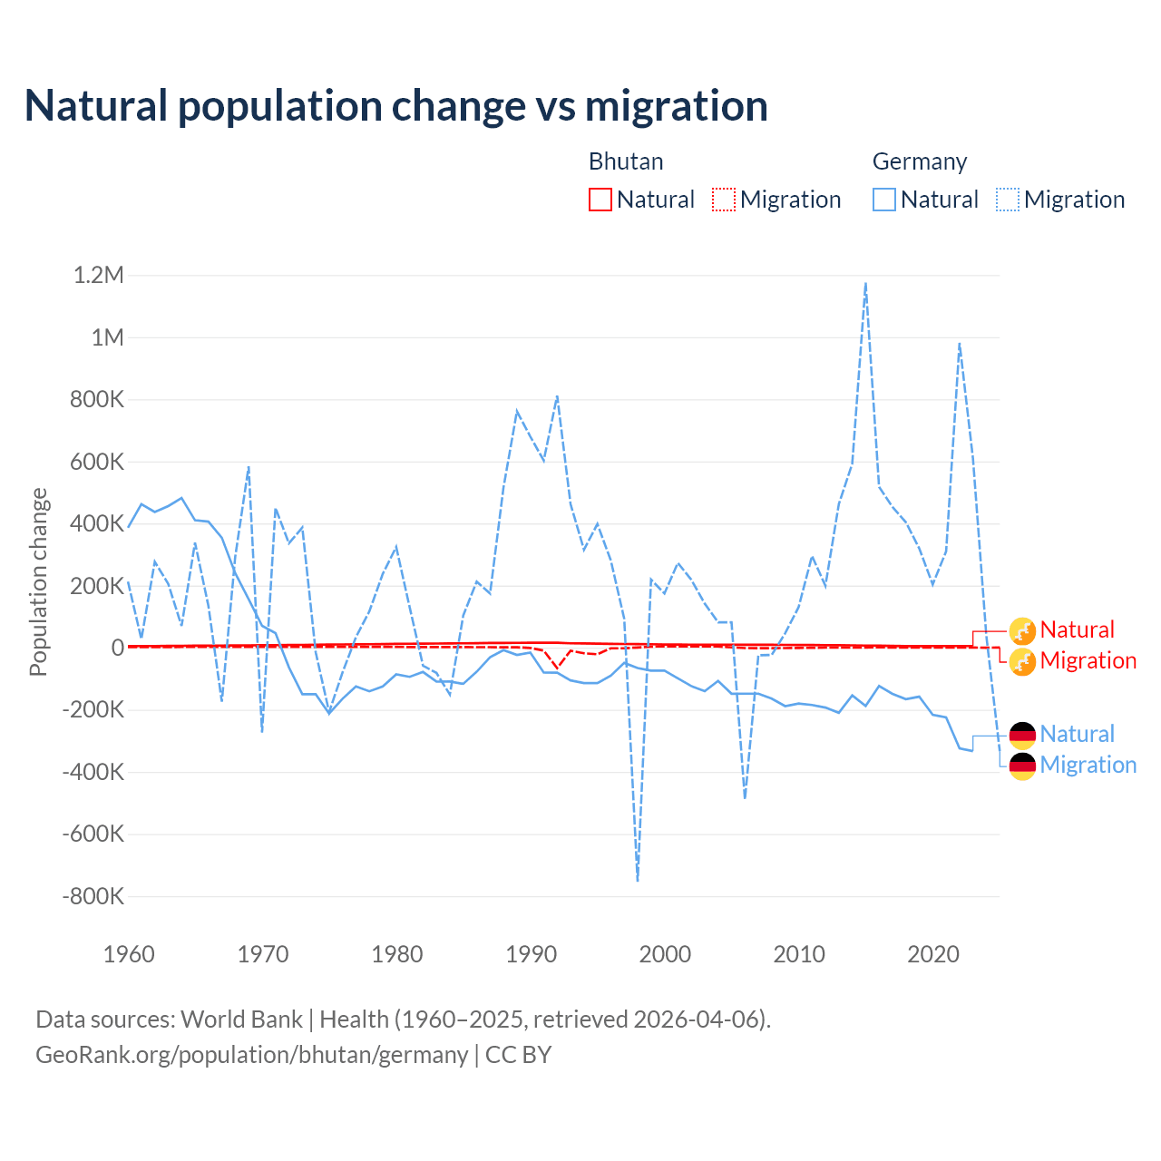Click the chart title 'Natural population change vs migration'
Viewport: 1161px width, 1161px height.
click(x=396, y=105)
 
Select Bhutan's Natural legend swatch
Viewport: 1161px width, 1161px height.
click(x=600, y=200)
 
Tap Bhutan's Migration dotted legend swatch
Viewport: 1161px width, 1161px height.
click(x=724, y=200)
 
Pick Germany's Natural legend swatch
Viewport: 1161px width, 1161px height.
click(x=884, y=200)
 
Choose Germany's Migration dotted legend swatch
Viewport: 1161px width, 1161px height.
click(x=1008, y=200)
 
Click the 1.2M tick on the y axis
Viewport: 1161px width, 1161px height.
click(x=99, y=275)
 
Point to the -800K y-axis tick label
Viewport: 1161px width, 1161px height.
click(x=93, y=896)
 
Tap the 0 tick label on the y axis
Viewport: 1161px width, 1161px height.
click(x=117, y=648)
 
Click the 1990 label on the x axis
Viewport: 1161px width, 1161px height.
click(x=532, y=954)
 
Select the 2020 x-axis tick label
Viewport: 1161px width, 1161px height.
click(x=933, y=954)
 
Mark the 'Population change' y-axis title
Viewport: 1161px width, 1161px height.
click(x=38, y=581)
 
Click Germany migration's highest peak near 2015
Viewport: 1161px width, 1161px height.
click(x=866, y=283)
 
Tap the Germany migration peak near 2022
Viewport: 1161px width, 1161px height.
click(x=960, y=344)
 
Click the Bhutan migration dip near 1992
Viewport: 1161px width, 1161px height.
click(x=557, y=667)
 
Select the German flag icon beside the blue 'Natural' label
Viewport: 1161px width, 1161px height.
click(x=1022, y=735)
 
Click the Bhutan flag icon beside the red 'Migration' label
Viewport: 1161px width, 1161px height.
click(x=1022, y=661)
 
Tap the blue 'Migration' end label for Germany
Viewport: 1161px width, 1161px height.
click(x=1088, y=765)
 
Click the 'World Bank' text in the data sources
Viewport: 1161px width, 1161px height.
click(x=241, y=1020)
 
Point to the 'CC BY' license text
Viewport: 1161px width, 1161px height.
click(x=518, y=1055)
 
